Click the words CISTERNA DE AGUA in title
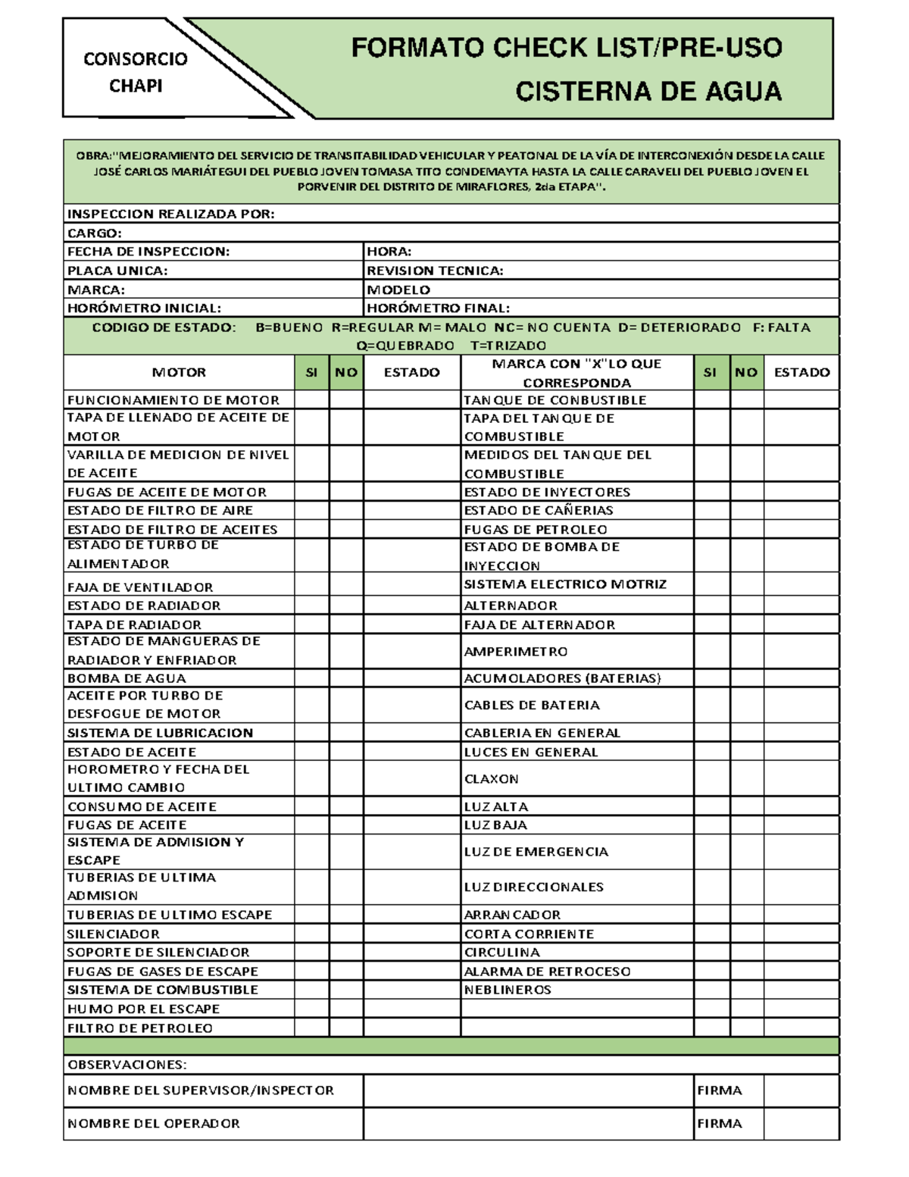pos(648,92)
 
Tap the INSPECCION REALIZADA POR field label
pos(170,214)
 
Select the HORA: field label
pos(389,252)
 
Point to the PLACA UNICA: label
pos(117,271)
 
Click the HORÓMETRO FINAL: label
pos(438,308)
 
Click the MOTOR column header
pos(179,372)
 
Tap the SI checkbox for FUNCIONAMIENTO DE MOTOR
pos(311,399)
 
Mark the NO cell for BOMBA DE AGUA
pos(346,678)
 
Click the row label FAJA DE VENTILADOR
pos(140,587)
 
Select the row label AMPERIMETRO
pos(515,652)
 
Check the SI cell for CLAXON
pos(711,778)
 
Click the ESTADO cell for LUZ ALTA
pos(801,806)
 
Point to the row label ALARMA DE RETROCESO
pos(547,972)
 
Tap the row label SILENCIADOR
pos(114,934)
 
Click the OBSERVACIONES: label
pos(127,1065)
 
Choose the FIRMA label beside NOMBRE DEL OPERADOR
pos(719,1123)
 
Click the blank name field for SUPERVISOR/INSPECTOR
pos(528,1091)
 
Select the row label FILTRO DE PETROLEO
pos(140,1028)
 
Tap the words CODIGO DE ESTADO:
pos(164,327)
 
